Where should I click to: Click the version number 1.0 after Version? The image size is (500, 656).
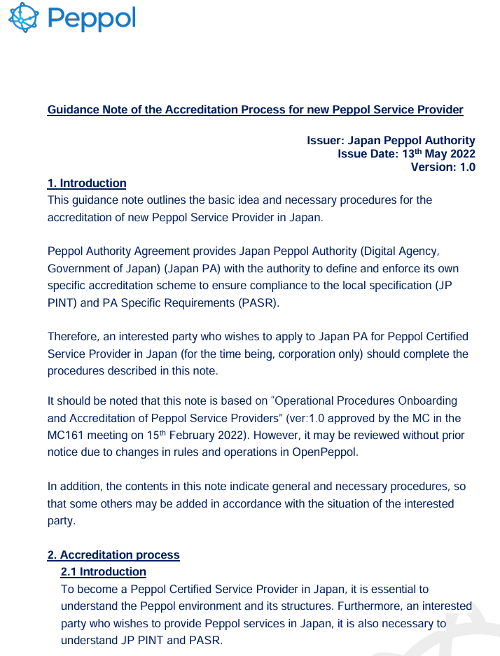466,167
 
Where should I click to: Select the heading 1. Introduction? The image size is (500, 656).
87,183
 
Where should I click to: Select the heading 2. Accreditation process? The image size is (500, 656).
113,555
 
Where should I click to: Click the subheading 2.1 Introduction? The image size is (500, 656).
104,572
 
